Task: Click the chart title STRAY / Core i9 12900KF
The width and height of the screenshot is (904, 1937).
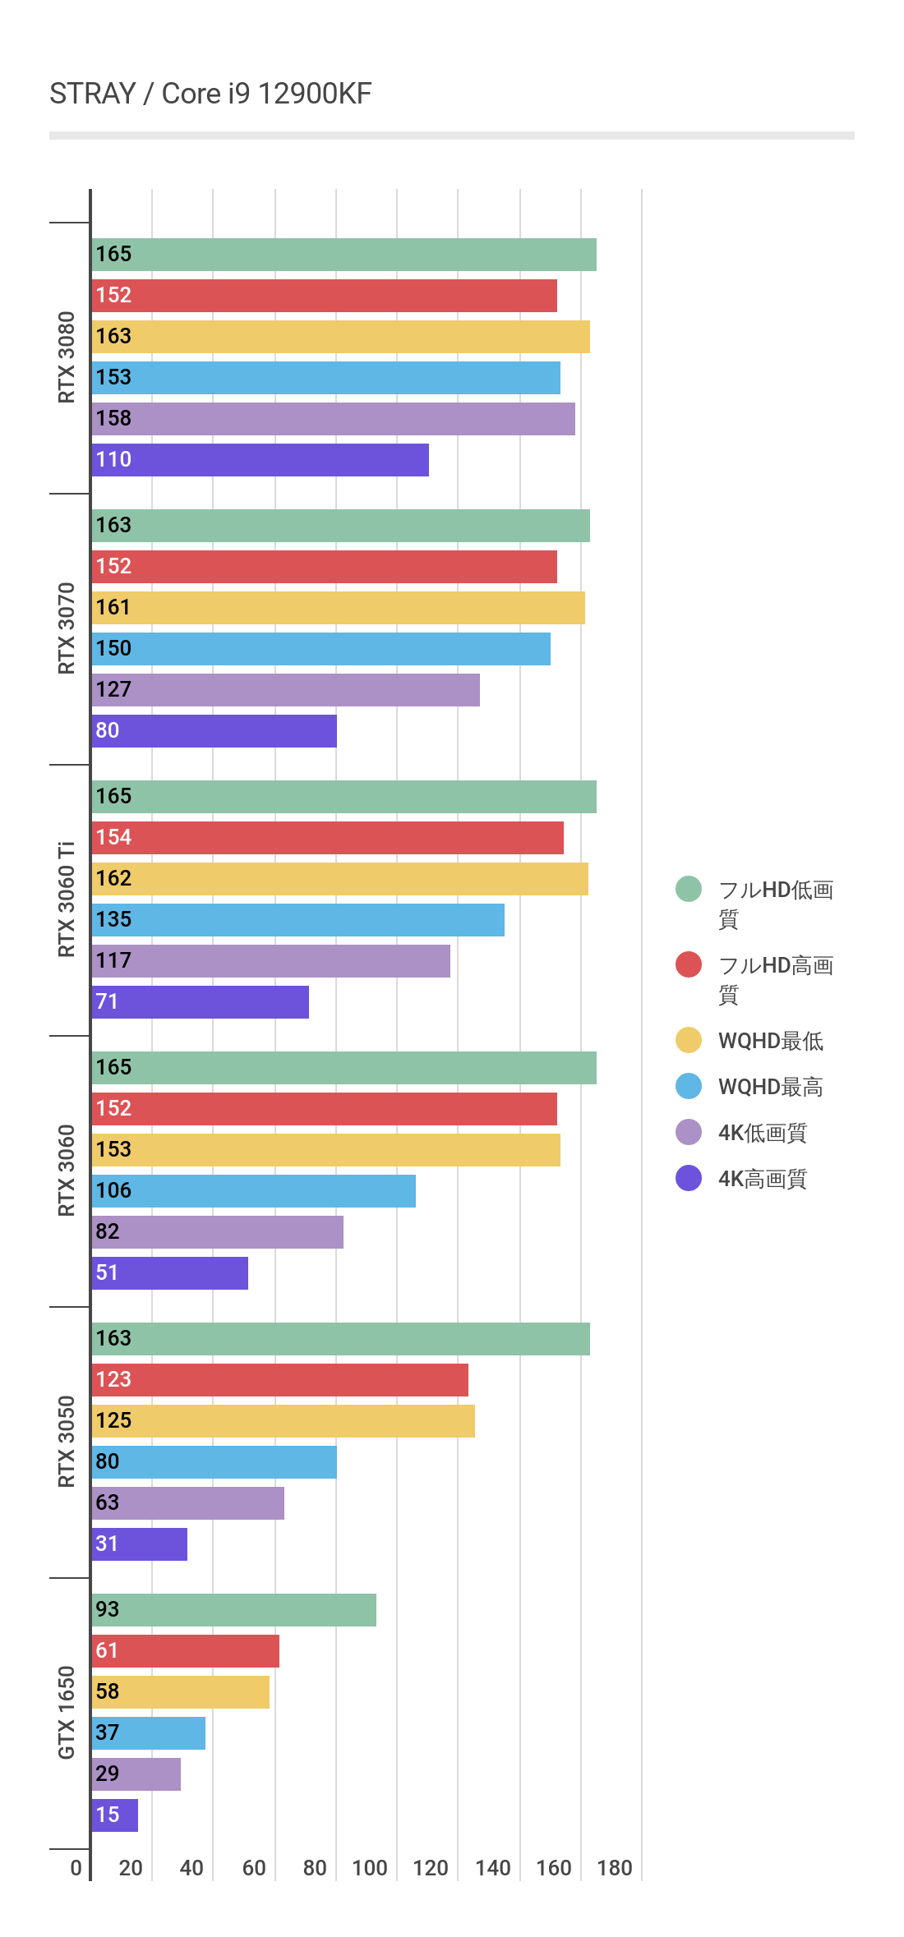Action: point(210,94)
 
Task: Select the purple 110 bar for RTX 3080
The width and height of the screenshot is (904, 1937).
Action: point(261,460)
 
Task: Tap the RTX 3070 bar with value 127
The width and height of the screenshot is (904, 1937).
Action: point(286,690)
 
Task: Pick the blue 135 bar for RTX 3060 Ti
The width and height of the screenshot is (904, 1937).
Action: point(298,920)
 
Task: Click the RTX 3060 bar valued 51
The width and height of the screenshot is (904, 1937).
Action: point(170,1273)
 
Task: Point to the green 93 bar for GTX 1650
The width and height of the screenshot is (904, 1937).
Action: point(234,1610)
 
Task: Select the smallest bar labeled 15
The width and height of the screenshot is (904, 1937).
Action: point(115,1815)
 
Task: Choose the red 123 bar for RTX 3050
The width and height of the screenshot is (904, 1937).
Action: point(280,1380)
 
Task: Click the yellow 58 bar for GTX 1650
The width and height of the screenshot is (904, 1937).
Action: point(181,1692)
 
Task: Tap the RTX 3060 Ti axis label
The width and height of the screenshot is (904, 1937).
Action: point(67,899)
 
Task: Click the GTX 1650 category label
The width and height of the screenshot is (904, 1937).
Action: point(67,1713)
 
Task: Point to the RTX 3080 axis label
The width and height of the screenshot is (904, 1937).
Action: point(67,357)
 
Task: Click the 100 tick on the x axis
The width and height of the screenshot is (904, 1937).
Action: point(370,1868)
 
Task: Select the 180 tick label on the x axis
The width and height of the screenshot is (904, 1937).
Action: point(615,1868)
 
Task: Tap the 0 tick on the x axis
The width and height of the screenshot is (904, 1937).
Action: point(76,1868)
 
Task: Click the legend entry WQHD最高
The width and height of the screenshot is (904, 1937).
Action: point(770,1087)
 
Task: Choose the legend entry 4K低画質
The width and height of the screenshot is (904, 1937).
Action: point(762,1133)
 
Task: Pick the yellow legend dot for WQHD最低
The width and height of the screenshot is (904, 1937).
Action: point(689,1040)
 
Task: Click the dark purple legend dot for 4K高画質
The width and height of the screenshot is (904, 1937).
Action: point(689,1178)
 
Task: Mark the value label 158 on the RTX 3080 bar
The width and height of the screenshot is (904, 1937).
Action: point(113,418)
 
